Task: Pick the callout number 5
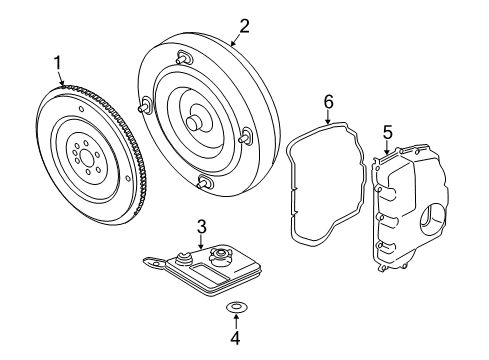[x=387, y=132]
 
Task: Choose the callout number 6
[x=327, y=101]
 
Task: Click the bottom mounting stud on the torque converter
[x=205, y=181]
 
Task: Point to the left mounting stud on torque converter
[x=144, y=103]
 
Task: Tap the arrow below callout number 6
[x=327, y=118]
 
